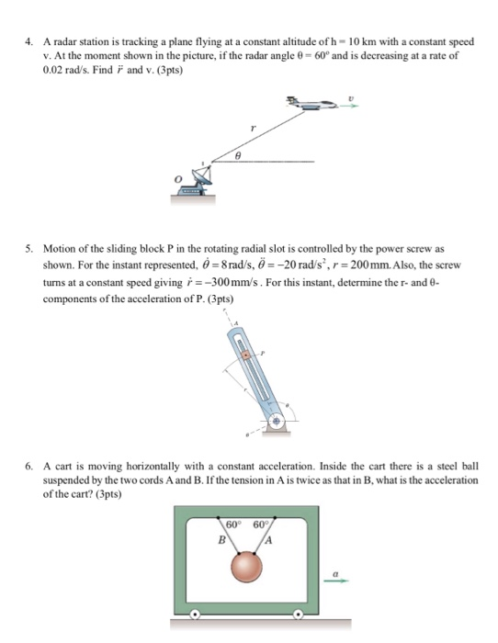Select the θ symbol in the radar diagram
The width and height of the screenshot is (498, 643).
click(237, 157)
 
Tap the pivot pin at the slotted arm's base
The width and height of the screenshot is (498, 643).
click(277, 423)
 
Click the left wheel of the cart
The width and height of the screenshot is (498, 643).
click(193, 615)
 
